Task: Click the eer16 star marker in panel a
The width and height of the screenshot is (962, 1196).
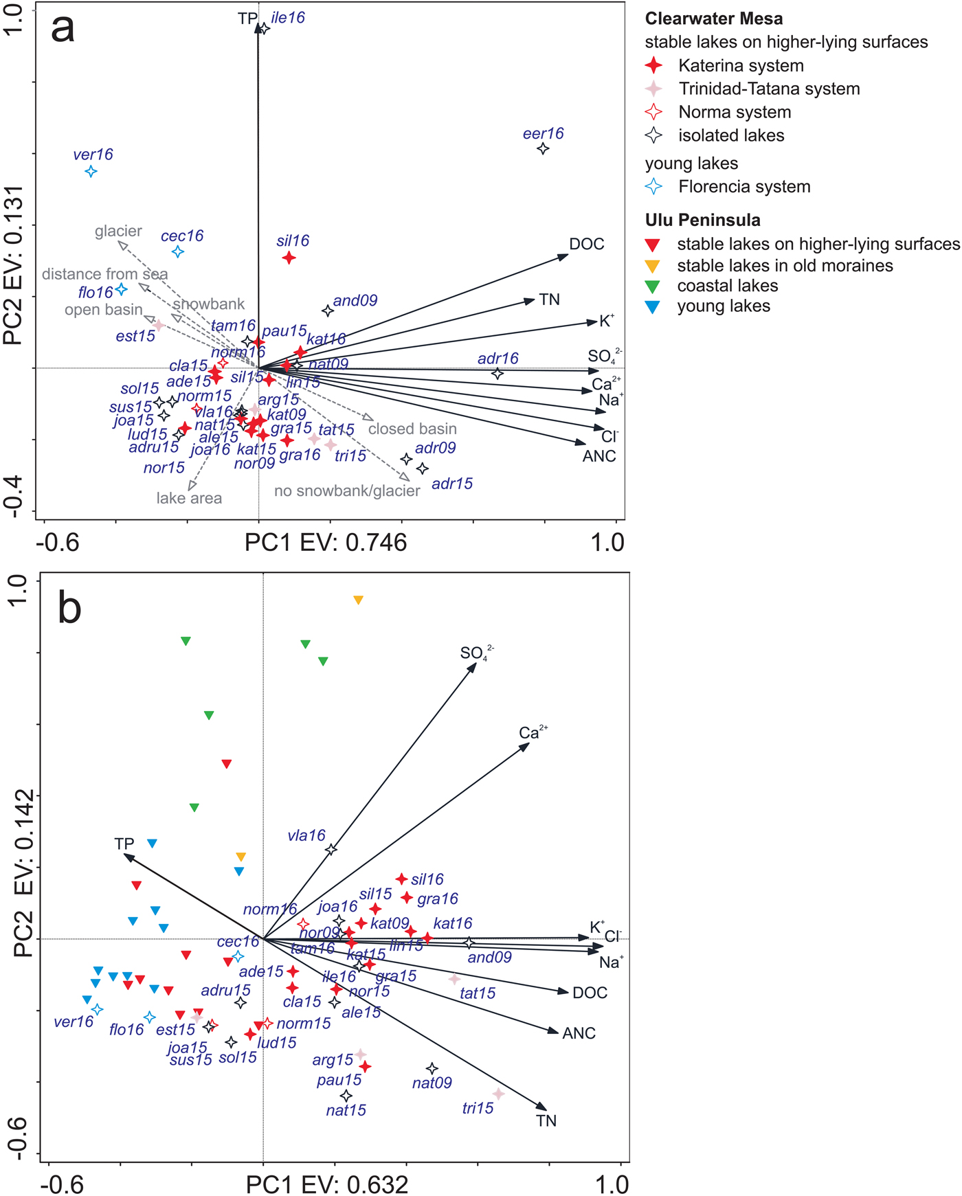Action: click(x=543, y=148)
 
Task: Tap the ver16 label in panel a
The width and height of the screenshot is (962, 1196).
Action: click(x=93, y=155)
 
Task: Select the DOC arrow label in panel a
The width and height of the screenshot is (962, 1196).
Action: click(x=587, y=245)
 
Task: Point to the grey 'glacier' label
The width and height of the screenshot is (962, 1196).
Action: click(x=118, y=232)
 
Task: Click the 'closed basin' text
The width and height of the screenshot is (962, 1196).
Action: click(x=412, y=429)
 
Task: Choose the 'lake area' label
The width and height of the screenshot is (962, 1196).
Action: click(x=189, y=498)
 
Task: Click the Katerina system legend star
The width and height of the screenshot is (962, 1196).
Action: click(x=654, y=66)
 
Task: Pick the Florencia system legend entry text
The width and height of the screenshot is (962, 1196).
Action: click(x=744, y=187)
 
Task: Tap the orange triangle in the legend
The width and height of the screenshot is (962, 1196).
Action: click(x=653, y=266)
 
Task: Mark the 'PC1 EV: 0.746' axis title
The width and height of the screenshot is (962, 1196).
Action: click(x=326, y=543)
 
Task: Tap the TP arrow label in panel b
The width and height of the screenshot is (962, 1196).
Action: click(x=124, y=844)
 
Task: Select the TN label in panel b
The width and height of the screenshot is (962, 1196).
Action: click(x=546, y=1121)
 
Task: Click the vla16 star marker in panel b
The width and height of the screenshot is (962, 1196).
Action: click(x=331, y=850)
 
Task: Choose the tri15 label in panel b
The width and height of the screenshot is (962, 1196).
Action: click(x=478, y=1108)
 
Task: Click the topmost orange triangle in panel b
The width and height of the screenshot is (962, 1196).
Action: click(x=358, y=600)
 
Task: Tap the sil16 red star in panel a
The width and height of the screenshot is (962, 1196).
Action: click(x=289, y=258)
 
